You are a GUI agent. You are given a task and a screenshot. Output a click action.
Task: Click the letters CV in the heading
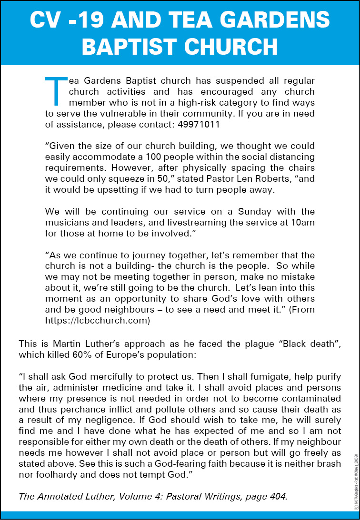coord(47,20)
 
